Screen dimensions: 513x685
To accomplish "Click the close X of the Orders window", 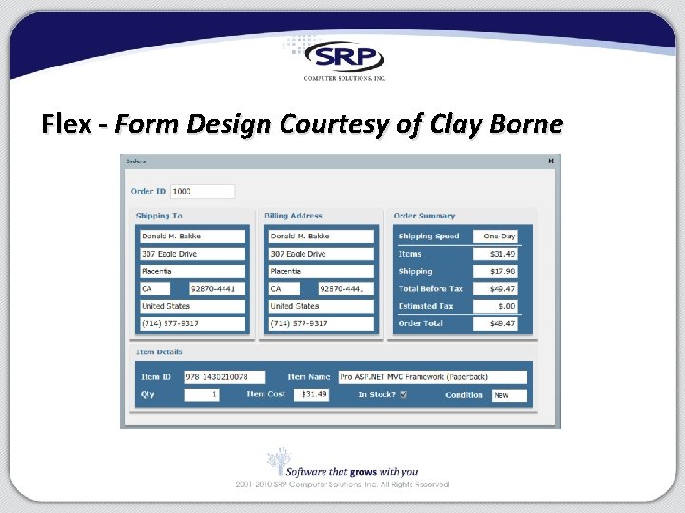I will click(x=550, y=161).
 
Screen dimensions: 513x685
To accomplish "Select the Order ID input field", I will click(x=203, y=191).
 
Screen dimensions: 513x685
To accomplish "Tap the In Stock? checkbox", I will click(x=403, y=394).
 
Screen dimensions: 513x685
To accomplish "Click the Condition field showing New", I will click(x=509, y=394).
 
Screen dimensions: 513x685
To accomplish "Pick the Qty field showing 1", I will click(x=201, y=394).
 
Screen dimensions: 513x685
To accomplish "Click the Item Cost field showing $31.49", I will click(x=311, y=394).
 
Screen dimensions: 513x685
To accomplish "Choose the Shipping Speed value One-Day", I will click(x=498, y=237).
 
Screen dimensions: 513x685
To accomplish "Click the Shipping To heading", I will click(x=159, y=216).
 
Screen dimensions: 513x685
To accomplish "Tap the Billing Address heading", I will click(x=293, y=216).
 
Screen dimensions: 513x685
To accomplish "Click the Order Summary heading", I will click(x=424, y=216).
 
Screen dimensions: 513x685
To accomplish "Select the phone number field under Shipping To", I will click(x=191, y=323).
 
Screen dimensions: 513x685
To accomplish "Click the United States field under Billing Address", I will click(x=321, y=306).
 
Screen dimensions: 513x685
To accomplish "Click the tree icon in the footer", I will click(x=278, y=462).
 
